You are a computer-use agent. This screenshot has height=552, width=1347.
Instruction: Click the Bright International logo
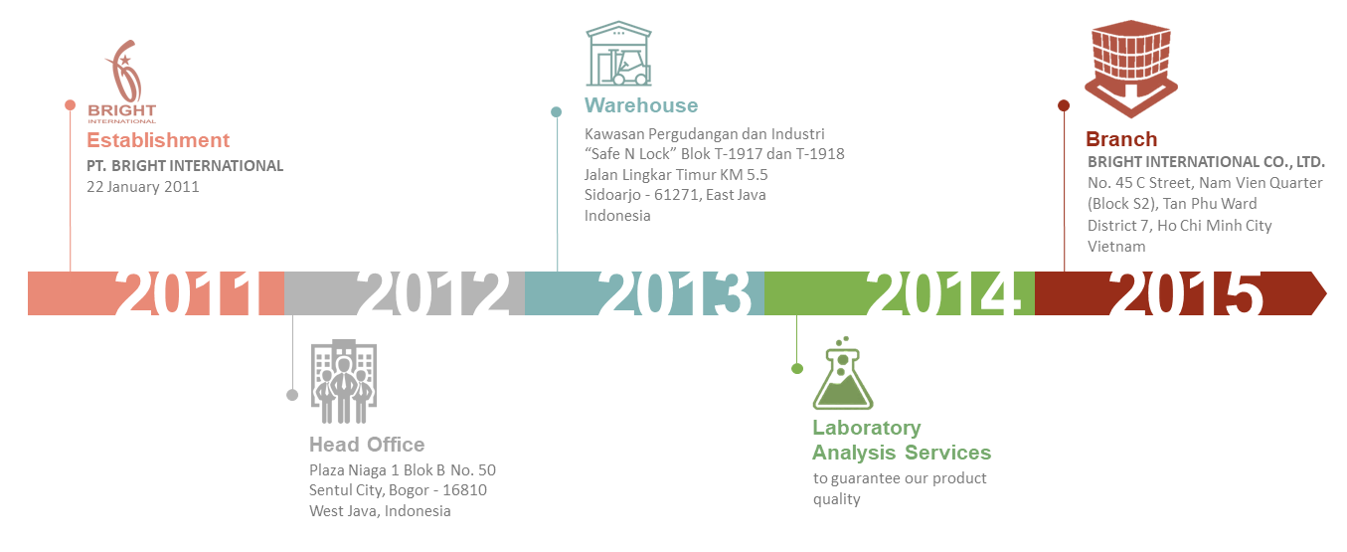pyautogui.click(x=122, y=82)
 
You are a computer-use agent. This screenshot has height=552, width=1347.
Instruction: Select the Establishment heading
pyautogui.click(x=158, y=140)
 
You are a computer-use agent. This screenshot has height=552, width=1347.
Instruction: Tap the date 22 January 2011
pyautogui.click(x=142, y=187)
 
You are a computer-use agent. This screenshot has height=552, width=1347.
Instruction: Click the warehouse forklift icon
pyautogui.click(x=618, y=54)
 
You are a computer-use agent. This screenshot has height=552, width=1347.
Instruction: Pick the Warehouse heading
pyautogui.click(x=641, y=105)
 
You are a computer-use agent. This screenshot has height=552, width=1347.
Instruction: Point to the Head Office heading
pyautogui.click(x=367, y=445)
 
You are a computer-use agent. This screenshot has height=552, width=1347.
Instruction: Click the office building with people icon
pyautogui.click(x=343, y=381)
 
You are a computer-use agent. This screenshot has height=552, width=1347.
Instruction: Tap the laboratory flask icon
pyautogui.click(x=842, y=374)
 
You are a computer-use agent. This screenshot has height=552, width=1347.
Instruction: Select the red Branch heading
pyautogui.click(x=1121, y=139)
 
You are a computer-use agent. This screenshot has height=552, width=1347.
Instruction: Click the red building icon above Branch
pyautogui.click(x=1130, y=68)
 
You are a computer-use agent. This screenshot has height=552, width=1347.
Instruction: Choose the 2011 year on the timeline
pyautogui.click(x=191, y=292)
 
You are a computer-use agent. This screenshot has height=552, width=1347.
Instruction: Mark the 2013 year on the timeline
pyautogui.click(x=675, y=292)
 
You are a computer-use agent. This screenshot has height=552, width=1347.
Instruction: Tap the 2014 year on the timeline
pyautogui.click(x=942, y=292)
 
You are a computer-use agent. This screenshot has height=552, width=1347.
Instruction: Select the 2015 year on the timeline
pyautogui.click(x=1185, y=292)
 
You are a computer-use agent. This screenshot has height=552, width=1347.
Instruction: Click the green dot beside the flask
pyautogui.click(x=797, y=368)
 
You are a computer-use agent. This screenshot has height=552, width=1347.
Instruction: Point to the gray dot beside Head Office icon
pyautogui.click(x=292, y=395)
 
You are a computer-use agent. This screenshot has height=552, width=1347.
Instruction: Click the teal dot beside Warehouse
pyautogui.click(x=557, y=112)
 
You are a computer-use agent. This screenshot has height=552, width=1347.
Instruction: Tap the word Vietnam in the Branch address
pyautogui.click(x=1116, y=247)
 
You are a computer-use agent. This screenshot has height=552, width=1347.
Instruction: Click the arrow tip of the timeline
pyautogui.click(x=1326, y=293)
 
